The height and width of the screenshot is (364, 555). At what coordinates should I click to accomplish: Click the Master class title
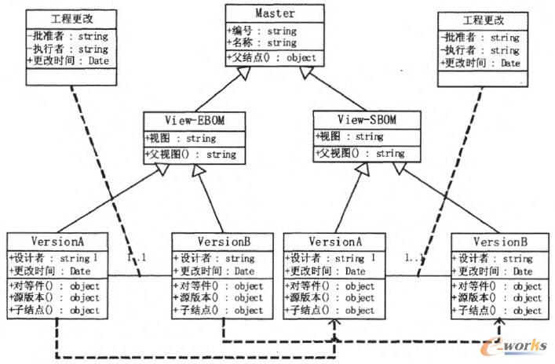(x=275, y=13)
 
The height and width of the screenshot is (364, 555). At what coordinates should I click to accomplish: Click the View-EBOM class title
(x=195, y=121)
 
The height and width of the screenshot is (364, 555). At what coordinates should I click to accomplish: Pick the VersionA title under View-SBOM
(x=335, y=242)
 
